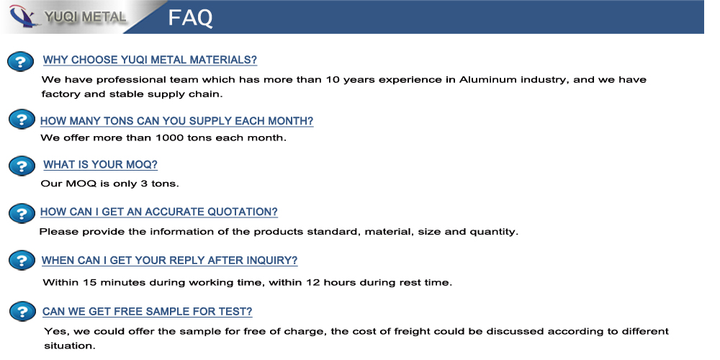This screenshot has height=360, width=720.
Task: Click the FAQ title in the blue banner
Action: [x=190, y=17]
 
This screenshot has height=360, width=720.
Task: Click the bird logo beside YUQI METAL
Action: [x=24, y=17]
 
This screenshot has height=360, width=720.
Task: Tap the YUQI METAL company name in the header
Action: [x=85, y=17]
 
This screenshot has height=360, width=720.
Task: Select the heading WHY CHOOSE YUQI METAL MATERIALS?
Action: [x=150, y=60]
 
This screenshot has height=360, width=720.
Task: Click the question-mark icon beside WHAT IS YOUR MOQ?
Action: [x=22, y=166]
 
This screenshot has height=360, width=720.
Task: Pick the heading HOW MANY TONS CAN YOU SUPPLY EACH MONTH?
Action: [x=177, y=121]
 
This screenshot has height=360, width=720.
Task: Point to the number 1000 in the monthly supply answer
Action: [x=170, y=138]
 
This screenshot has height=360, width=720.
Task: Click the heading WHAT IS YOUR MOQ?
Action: [x=100, y=164]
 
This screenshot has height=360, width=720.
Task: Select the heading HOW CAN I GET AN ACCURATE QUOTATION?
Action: [x=159, y=212]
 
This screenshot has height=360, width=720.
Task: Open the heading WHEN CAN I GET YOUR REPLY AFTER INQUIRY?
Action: [x=169, y=261]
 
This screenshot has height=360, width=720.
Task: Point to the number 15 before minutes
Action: [x=89, y=282]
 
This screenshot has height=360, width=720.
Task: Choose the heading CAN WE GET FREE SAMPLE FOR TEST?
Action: [x=147, y=311]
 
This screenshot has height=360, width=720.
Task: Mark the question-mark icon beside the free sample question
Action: [x=22, y=311]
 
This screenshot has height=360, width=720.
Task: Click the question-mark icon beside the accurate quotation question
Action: [x=22, y=213]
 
